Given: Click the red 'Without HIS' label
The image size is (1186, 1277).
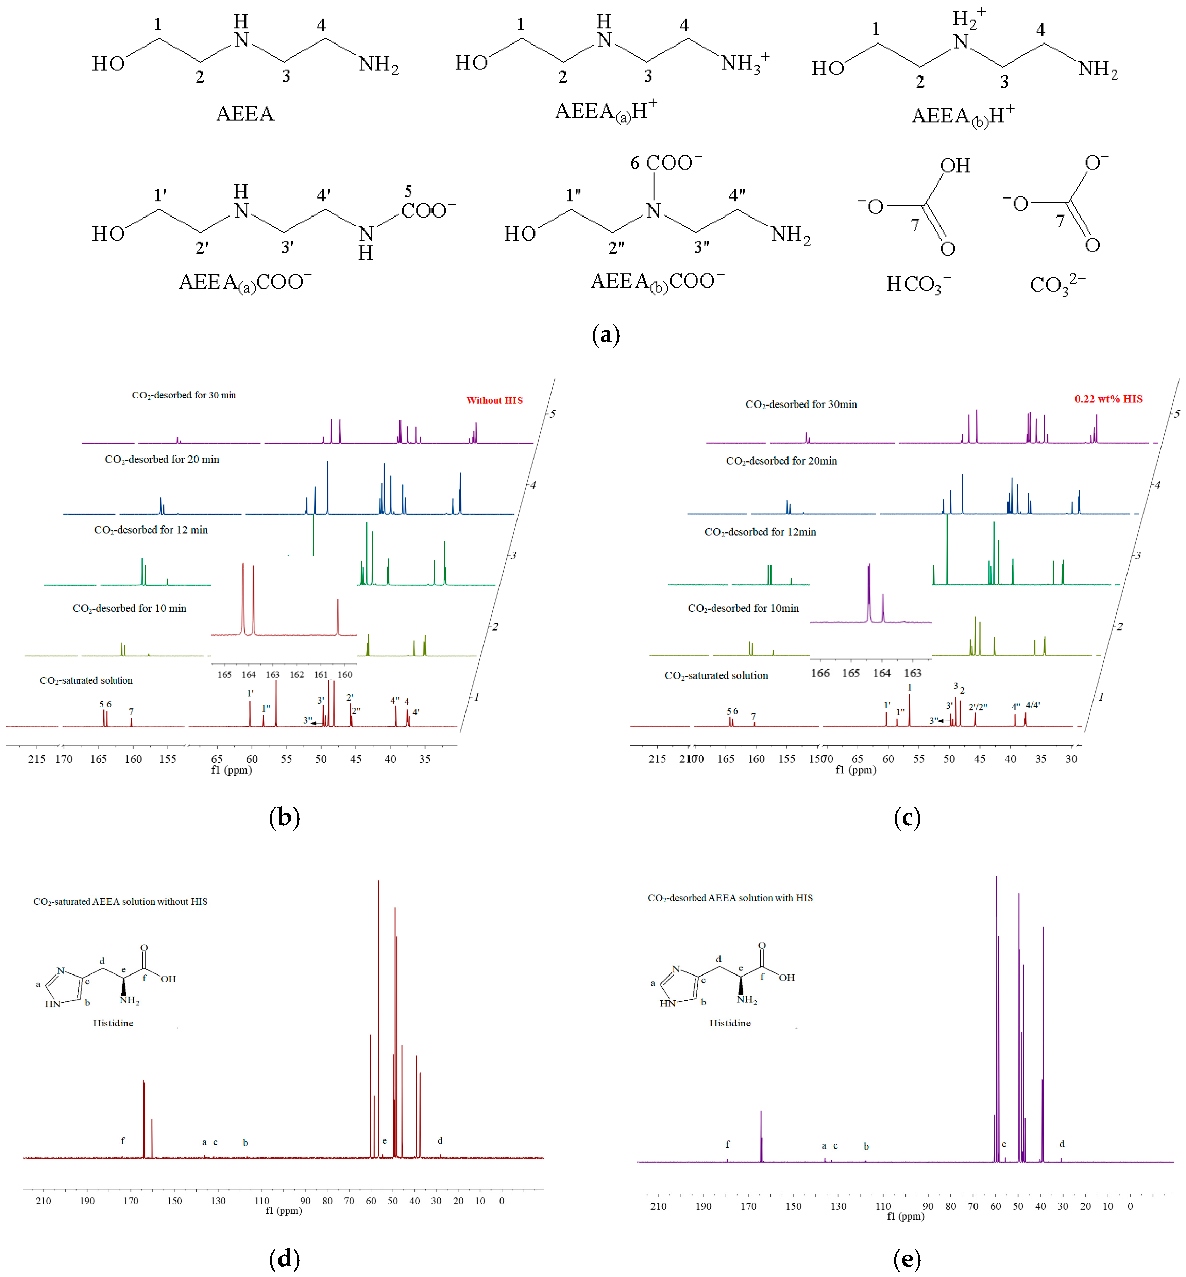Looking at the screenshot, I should click(x=494, y=400).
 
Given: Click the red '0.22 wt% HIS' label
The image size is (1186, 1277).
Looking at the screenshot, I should click(x=1108, y=399).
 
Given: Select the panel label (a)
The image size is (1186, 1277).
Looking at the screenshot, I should click(x=605, y=335).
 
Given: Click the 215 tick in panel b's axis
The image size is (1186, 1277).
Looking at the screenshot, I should click(x=37, y=759).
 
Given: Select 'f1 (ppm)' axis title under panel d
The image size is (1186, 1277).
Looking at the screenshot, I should click(x=283, y=1210).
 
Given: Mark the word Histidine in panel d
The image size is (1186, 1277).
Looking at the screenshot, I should click(x=113, y=1023).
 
